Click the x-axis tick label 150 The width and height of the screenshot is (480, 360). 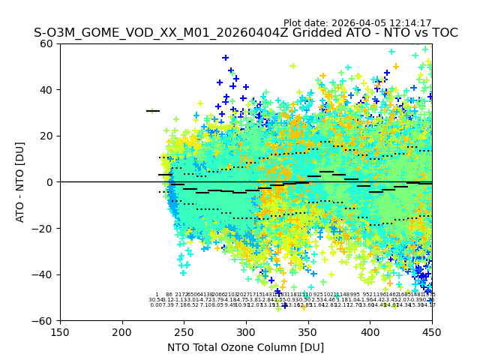tap(60, 332)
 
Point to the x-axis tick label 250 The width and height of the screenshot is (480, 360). tap(184, 332)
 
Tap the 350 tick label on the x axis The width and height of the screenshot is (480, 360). tap(307, 332)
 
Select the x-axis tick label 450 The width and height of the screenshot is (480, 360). tap(431, 332)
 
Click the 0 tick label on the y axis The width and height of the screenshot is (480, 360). tap(50, 182)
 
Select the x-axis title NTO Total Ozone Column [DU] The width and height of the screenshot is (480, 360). tap(245, 347)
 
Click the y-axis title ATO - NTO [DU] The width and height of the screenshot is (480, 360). tap(20, 182)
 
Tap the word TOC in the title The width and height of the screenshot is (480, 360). tap(443, 34)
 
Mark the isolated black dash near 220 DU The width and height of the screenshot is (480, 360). tap(153, 111)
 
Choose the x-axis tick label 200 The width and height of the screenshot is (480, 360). tap(122, 332)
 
